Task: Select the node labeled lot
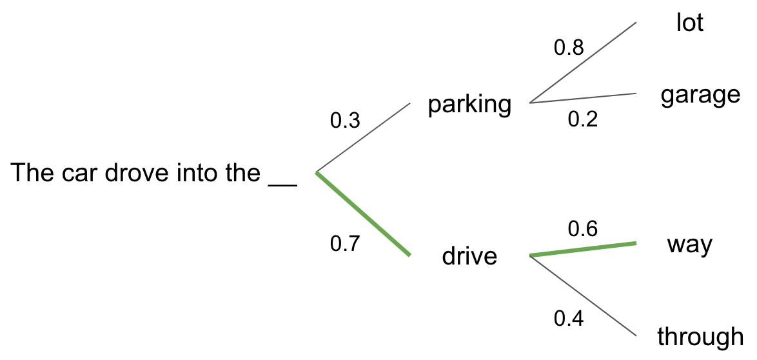pyautogui.click(x=689, y=23)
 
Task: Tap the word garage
pyautogui.click(x=700, y=95)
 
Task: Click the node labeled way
pyautogui.click(x=689, y=245)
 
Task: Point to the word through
pyautogui.click(x=700, y=336)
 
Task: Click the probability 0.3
pyautogui.click(x=345, y=120)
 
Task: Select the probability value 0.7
pyautogui.click(x=345, y=244)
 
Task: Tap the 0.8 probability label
pyautogui.click(x=569, y=48)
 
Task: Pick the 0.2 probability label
pyautogui.click(x=582, y=119)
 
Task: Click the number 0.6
pyautogui.click(x=582, y=228)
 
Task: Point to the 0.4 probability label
pyautogui.click(x=569, y=319)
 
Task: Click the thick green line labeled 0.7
pyautogui.click(x=363, y=214)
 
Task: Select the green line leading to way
pyautogui.click(x=583, y=250)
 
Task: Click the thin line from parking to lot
pyautogui.click(x=583, y=63)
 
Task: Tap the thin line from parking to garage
pyautogui.click(x=583, y=98)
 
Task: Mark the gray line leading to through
pyautogui.click(x=583, y=296)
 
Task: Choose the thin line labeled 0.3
pyautogui.click(x=363, y=138)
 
